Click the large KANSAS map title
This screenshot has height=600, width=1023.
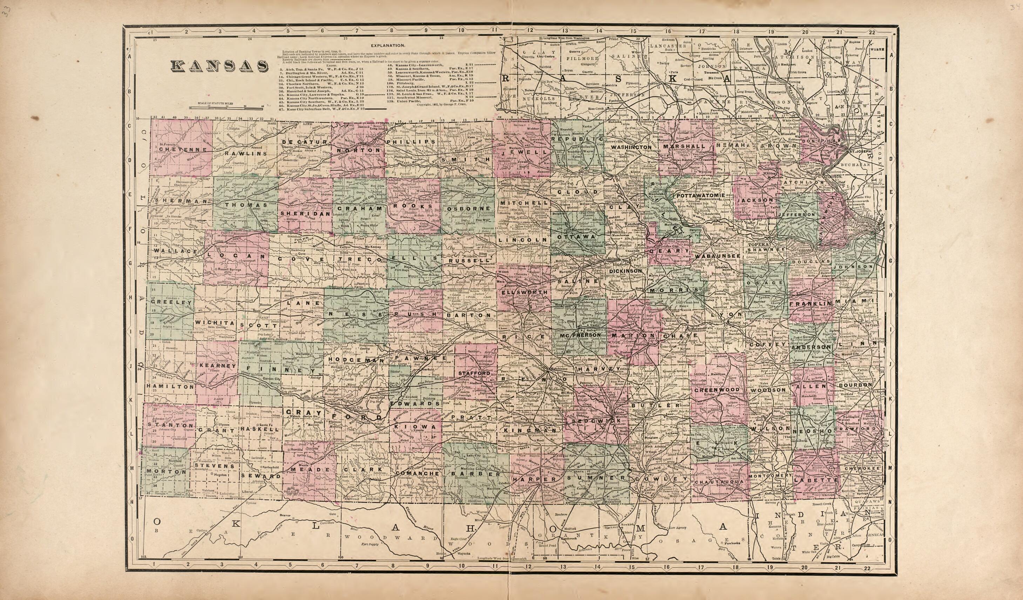tap(219, 66)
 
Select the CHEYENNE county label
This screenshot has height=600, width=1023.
tap(178, 149)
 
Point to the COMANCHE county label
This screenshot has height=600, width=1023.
tap(414, 474)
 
